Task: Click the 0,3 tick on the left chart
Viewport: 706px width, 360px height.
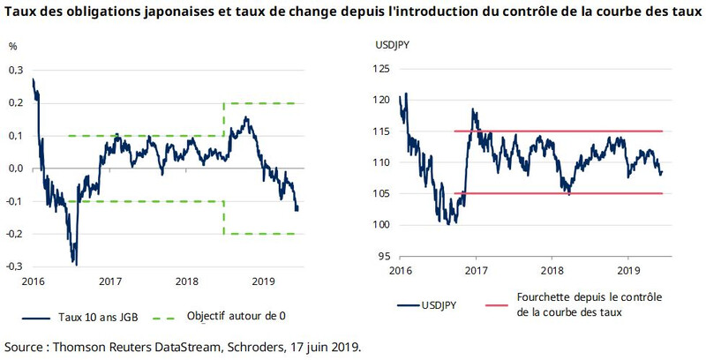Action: tap(15, 70)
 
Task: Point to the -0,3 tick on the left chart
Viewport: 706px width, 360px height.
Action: tap(14, 266)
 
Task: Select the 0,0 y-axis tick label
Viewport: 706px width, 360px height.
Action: tap(15, 169)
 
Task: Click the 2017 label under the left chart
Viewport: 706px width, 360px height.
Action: tap(110, 281)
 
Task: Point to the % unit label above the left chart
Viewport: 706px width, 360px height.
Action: tap(13, 47)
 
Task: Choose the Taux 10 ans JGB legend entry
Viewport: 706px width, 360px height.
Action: tap(101, 317)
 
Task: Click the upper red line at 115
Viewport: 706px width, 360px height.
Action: tap(565, 131)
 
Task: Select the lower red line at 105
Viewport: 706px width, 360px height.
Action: tap(565, 193)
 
